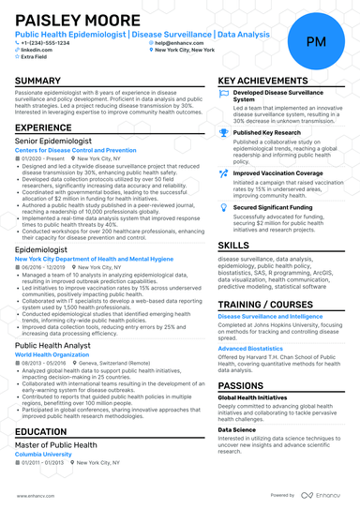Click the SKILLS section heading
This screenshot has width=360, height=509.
[x=233, y=244]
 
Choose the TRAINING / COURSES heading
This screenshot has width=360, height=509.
[x=264, y=307]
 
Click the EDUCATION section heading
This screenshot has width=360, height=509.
[x=43, y=431]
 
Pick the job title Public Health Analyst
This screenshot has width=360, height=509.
[x=53, y=345]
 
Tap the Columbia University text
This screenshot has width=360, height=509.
[x=44, y=455]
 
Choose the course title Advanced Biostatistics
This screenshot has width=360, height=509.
[x=250, y=348]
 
